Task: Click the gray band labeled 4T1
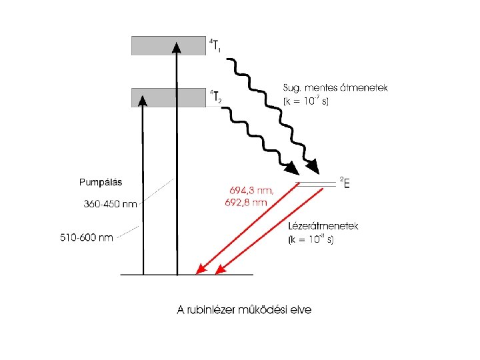coord(153,45)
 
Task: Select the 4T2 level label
coord(215,97)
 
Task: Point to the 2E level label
coord(345,182)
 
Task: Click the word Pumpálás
coord(101,182)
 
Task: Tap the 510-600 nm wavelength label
coord(86,237)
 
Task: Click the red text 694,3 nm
coord(247,190)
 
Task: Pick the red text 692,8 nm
coord(246,201)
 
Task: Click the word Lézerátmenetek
coord(323,226)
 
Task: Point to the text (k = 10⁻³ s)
coord(312,239)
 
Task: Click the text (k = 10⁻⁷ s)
coord(305,101)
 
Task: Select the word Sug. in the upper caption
coord(292,88)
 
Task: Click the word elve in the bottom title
coord(299,309)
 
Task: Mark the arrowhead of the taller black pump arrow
coord(176,47)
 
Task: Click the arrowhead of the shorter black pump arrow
coord(143,100)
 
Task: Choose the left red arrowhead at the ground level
coord(199,269)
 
